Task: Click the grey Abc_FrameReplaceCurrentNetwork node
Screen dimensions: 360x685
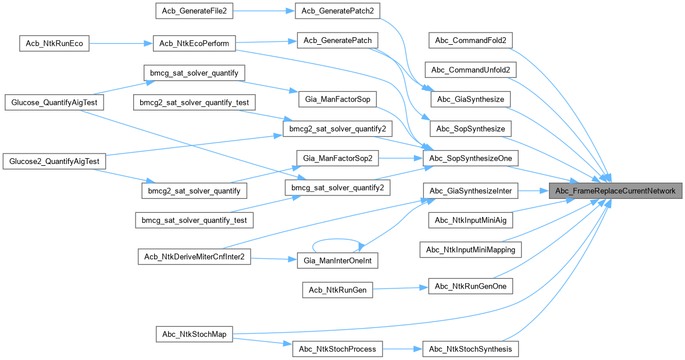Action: click(x=615, y=191)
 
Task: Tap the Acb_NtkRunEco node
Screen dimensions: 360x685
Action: click(x=54, y=44)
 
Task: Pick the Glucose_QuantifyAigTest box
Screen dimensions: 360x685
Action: click(x=54, y=102)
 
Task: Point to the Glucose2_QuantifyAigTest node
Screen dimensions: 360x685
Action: click(x=55, y=161)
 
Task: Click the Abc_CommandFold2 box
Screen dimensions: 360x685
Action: click(x=470, y=41)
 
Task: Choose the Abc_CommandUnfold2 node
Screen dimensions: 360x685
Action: click(x=470, y=70)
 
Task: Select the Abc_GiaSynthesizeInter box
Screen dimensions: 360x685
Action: click(x=470, y=191)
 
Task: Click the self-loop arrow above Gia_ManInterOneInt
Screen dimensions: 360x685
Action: click(x=338, y=240)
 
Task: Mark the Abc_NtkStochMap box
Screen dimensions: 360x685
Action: click(x=194, y=334)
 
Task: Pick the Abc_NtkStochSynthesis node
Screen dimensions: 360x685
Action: click(x=470, y=349)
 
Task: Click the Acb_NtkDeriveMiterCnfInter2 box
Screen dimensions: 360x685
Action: click(x=194, y=256)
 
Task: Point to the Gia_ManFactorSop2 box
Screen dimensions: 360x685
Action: click(x=338, y=158)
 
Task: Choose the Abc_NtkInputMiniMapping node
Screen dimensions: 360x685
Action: click(x=470, y=249)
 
